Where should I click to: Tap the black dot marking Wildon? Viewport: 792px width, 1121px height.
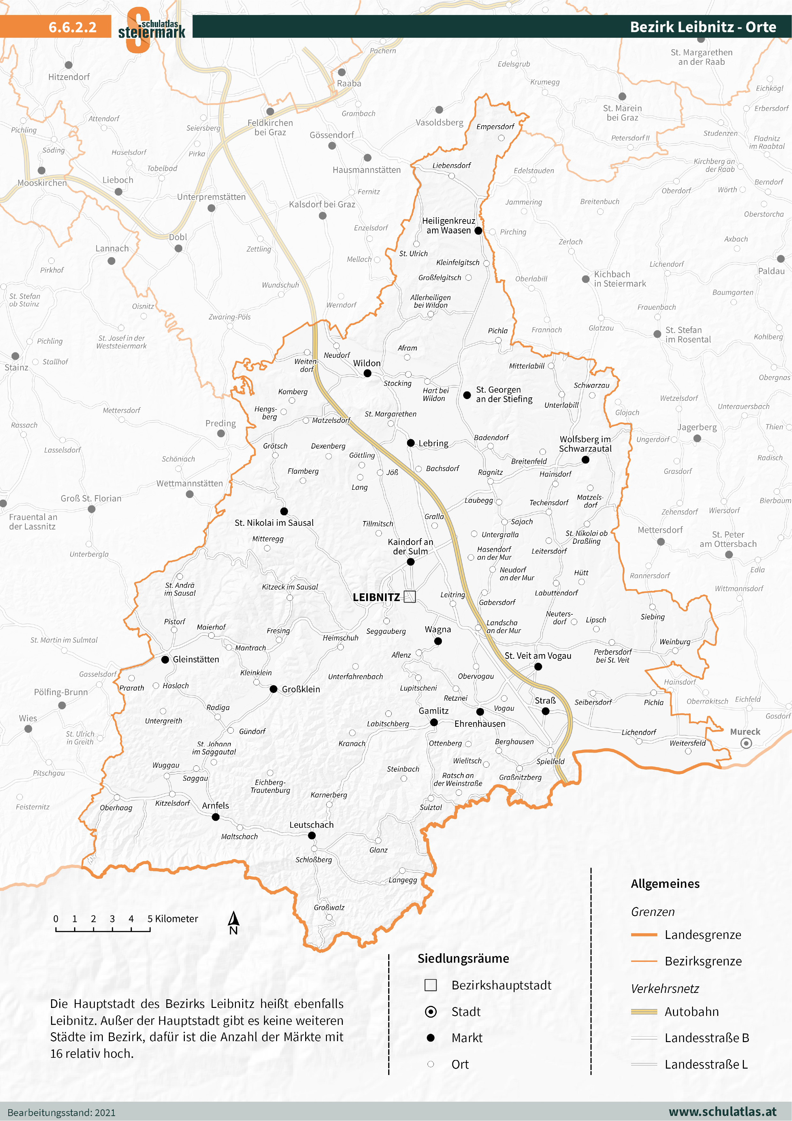[367, 373]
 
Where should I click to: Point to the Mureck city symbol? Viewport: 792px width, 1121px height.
[746, 743]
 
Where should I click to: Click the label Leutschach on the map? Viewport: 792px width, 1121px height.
[311, 825]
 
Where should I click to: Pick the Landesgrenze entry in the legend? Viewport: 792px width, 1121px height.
[703, 934]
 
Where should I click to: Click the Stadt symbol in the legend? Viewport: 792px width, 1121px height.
[430, 1012]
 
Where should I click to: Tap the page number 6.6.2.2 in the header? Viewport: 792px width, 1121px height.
[72, 27]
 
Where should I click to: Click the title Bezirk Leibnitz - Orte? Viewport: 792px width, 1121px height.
[703, 27]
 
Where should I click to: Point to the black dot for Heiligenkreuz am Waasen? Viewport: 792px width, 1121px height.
[478, 230]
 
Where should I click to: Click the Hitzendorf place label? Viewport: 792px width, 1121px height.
[69, 77]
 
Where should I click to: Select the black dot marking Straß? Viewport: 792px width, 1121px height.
[546, 711]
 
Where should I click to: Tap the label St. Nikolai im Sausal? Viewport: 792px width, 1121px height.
[274, 522]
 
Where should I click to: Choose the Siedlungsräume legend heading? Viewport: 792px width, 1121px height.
[463, 958]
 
